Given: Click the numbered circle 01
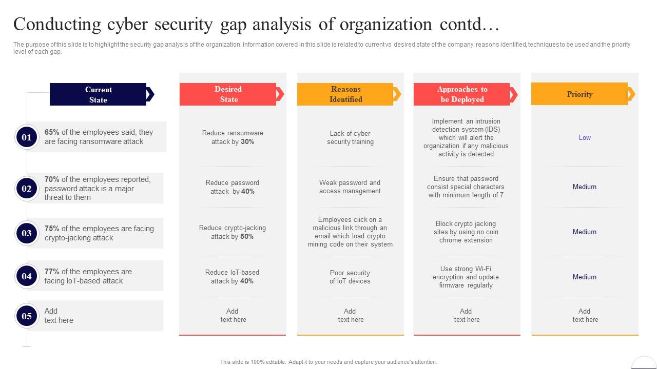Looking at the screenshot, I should click(27, 137).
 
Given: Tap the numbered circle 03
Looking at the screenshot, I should click(27, 233).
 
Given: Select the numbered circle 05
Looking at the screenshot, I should click(27, 316).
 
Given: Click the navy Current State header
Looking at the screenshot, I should click(98, 94).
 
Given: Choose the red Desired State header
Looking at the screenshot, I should click(228, 94).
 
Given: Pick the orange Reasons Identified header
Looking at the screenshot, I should click(345, 94).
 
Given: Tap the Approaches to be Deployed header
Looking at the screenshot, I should click(462, 94).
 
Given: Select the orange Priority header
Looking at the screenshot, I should click(579, 94).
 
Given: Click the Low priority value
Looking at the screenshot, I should click(585, 137).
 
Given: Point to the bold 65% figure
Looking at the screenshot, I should click(52, 132).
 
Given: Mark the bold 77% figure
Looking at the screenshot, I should click(52, 272).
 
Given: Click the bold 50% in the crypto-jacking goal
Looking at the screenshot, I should click(247, 237).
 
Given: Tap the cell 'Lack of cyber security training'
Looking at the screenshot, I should click(350, 137).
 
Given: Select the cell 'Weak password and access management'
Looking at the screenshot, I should click(350, 187).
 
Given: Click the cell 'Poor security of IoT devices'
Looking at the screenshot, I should click(350, 277).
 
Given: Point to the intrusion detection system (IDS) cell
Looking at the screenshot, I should click(466, 137).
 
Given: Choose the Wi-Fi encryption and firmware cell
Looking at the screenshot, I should click(466, 277).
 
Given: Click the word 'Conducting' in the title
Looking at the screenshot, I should click(50, 24).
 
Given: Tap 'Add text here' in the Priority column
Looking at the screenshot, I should click(585, 315).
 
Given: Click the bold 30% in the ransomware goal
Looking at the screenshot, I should click(247, 142).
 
